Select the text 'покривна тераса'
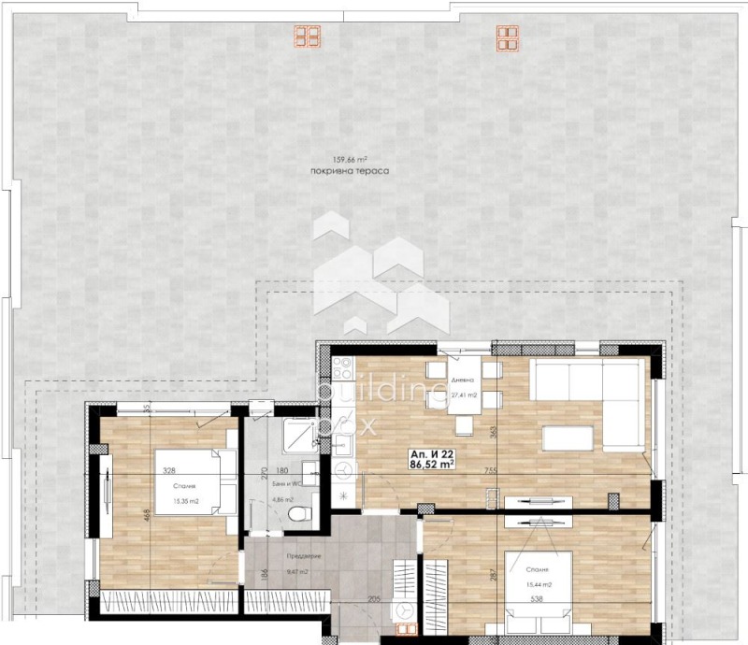(x=351, y=172)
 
